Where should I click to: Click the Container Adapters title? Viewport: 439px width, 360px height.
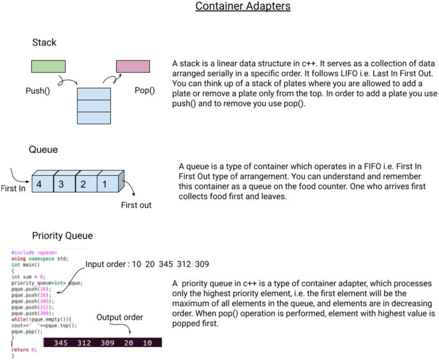pyautogui.click(x=243, y=7)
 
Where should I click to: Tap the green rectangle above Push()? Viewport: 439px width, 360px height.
pyautogui.click(x=48, y=66)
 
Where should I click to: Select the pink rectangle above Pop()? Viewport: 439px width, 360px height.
pyautogui.click(x=133, y=66)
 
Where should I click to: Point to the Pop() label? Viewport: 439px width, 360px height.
pyautogui.click(x=145, y=91)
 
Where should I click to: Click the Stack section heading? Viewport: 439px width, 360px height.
pyautogui.click(x=44, y=43)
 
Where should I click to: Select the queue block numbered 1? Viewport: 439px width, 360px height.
pyautogui.click(x=107, y=183)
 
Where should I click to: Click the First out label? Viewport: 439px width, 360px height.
pyautogui.click(x=136, y=205)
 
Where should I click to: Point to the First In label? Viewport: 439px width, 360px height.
pyautogui.click(x=13, y=189)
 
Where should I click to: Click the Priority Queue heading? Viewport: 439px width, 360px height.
pyautogui.click(x=62, y=236)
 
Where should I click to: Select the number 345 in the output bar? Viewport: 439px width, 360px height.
pyautogui.click(x=61, y=343)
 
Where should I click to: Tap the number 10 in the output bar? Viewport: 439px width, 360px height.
pyautogui.click(x=148, y=343)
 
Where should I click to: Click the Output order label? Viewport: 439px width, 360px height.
pyautogui.click(x=120, y=317)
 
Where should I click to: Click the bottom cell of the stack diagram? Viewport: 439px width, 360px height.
pyautogui.click(x=93, y=118)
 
